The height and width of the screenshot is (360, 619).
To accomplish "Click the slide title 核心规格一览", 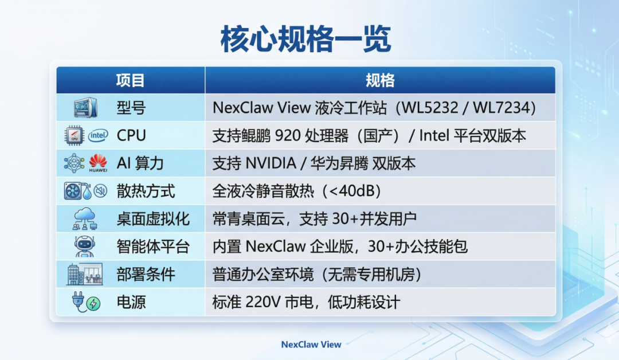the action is click(x=306, y=38).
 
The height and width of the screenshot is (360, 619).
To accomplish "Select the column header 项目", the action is click(x=130, y=80).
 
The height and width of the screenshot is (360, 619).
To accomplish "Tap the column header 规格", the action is click(x=380, y=80).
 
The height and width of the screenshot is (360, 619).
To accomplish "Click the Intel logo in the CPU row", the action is click(x=98, y=136).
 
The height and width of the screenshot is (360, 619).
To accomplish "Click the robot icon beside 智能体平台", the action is click(x=84, y=246).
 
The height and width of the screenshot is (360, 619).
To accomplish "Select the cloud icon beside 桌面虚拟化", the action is click(x=85, y=218).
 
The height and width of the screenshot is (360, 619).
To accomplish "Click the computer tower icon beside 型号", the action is click(x=85, y=107).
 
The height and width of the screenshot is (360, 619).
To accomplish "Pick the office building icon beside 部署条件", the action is click(x=84, y=274).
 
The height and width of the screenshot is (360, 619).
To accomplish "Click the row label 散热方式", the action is click(x=146, y=191).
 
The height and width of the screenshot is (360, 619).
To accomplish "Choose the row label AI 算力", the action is click(x=140, y=163).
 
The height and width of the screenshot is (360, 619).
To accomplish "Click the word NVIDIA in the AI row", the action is click(x=271, y=163).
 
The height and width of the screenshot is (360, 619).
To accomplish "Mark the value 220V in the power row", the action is click(x=263, y=302).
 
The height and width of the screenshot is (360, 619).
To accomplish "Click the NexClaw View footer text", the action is click(x=311, y=345).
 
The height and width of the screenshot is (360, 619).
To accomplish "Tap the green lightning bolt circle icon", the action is click(x=93, y=304).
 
